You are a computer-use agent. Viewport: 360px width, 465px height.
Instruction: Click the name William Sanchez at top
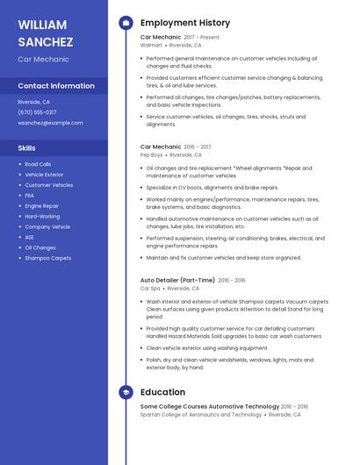[x=46, y=32]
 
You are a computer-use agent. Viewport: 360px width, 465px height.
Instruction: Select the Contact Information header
[x=56, y=86]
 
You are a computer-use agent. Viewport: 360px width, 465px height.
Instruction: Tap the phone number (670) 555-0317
[x=37, y=112]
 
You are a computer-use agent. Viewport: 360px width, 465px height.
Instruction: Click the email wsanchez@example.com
[x=50, y=123]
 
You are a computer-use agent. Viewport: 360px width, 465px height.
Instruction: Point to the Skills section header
[x=26, y=147]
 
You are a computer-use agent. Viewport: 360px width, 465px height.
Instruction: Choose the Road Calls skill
[x=38, y=164]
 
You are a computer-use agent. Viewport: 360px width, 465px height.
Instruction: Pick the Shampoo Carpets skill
[x=47, y=258]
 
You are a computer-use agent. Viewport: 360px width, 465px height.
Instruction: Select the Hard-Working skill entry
[x=42, y=216]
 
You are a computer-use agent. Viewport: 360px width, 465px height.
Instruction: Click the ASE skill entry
[x=29, y=237]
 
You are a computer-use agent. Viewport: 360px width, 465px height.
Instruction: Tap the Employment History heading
[x=185, y=23]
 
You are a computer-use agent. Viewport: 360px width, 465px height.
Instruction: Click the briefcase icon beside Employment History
[x=125, y=23]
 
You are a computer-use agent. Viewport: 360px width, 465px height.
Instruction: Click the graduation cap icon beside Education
[x=125, y=392]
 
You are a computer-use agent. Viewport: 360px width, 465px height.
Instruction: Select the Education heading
[x=162, y=392]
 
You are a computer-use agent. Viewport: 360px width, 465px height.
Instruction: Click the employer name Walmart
[x=151, y=44]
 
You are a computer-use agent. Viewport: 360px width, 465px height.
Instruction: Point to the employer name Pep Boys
[x=152, y=154]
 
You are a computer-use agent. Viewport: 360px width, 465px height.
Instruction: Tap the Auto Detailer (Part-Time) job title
[x=177, y=280]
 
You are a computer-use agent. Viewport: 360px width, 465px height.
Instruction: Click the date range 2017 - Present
[x=203, y=37]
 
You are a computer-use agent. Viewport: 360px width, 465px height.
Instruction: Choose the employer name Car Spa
[x=150, y=288]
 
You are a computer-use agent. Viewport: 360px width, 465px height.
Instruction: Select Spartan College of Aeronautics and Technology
[x=201, y=414]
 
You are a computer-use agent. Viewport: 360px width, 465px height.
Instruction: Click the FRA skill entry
[x=29, y=196]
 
